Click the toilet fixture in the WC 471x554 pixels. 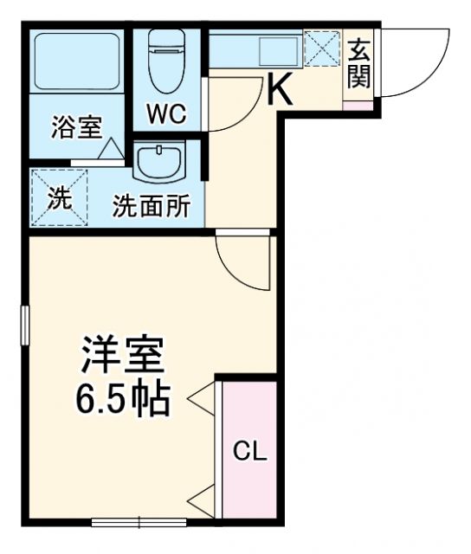[x=167, y=61]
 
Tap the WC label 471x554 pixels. [x=167, y=113]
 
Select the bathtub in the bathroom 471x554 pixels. [x=77, y=61]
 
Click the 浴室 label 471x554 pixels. [x=77, y=127]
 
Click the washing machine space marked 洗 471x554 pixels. [x=60, y=197]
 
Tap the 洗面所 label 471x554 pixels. [x=152, y=205]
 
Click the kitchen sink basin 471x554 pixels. [x=279, y=52]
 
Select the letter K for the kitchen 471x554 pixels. [x=280, y=88]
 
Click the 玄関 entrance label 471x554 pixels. [x=359, y=63]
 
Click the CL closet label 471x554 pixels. [x=250, y=451]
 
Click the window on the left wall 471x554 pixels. [x=25, y=325]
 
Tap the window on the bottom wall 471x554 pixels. [x=139, y=522]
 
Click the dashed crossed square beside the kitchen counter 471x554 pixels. [x=322, y=48]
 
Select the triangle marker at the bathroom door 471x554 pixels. [x=111, y=149]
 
